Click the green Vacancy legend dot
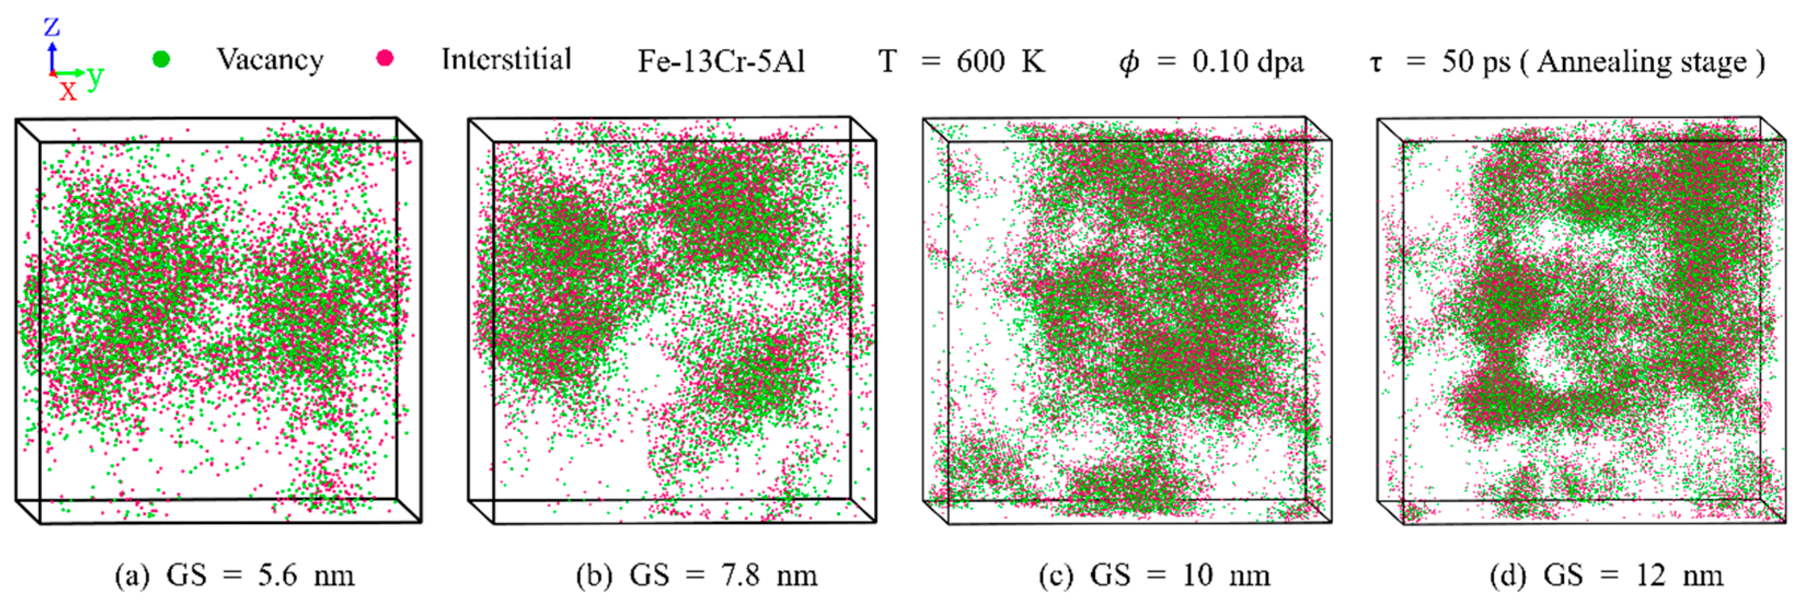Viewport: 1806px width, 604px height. tap(161, 60)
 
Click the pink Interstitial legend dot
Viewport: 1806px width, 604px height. tap(385, 58)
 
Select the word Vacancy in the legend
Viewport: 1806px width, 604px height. tap(270, 60)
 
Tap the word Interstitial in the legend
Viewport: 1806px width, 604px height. tap(506, 60)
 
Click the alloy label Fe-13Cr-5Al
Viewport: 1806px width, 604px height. tap(721, 62)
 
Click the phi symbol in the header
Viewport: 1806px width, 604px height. tap(1128, 63)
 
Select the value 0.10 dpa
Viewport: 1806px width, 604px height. tap(1248, 62)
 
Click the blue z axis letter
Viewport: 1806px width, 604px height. tap(52, 27)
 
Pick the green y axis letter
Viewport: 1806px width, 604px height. tap(95, 74)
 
